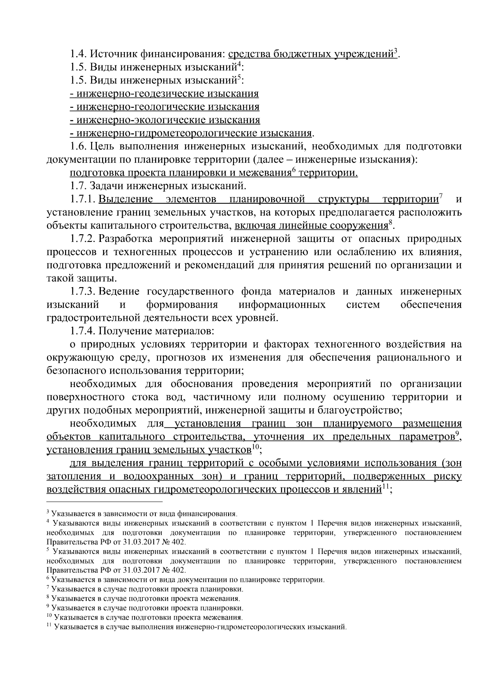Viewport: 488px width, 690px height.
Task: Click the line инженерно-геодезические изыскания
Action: coord(164,94)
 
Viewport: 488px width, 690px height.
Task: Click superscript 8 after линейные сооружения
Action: coord(390,222)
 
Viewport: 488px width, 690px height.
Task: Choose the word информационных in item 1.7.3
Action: coord(282,305)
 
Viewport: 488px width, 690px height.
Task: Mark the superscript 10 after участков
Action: coord(255,447)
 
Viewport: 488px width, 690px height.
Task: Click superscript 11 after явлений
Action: coord(386,487)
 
